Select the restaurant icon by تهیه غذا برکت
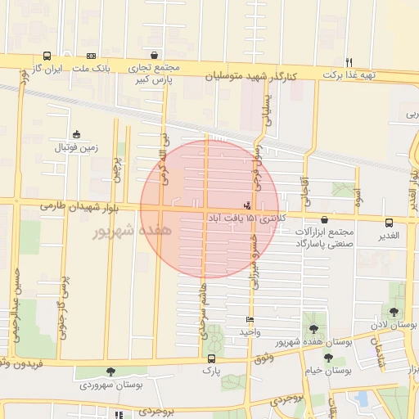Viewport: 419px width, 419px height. coord(349,62)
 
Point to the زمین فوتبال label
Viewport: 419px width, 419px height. coord(76,148)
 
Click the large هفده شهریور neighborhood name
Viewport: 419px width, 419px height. coord(131,232)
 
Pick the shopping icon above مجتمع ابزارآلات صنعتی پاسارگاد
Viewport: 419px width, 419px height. coord(326,219)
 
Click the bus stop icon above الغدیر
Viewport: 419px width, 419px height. coord(388,221)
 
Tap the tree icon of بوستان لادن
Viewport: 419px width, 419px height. coord(394,312)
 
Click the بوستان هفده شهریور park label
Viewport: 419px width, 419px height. coord(318,342)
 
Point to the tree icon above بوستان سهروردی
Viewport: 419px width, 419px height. coord(110,372)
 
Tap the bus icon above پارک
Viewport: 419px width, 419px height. coord(212,358)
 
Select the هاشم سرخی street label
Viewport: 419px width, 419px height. coord(205,311)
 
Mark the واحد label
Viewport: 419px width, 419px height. coord(249,331)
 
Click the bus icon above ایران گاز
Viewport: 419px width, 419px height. coord(47,56)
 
